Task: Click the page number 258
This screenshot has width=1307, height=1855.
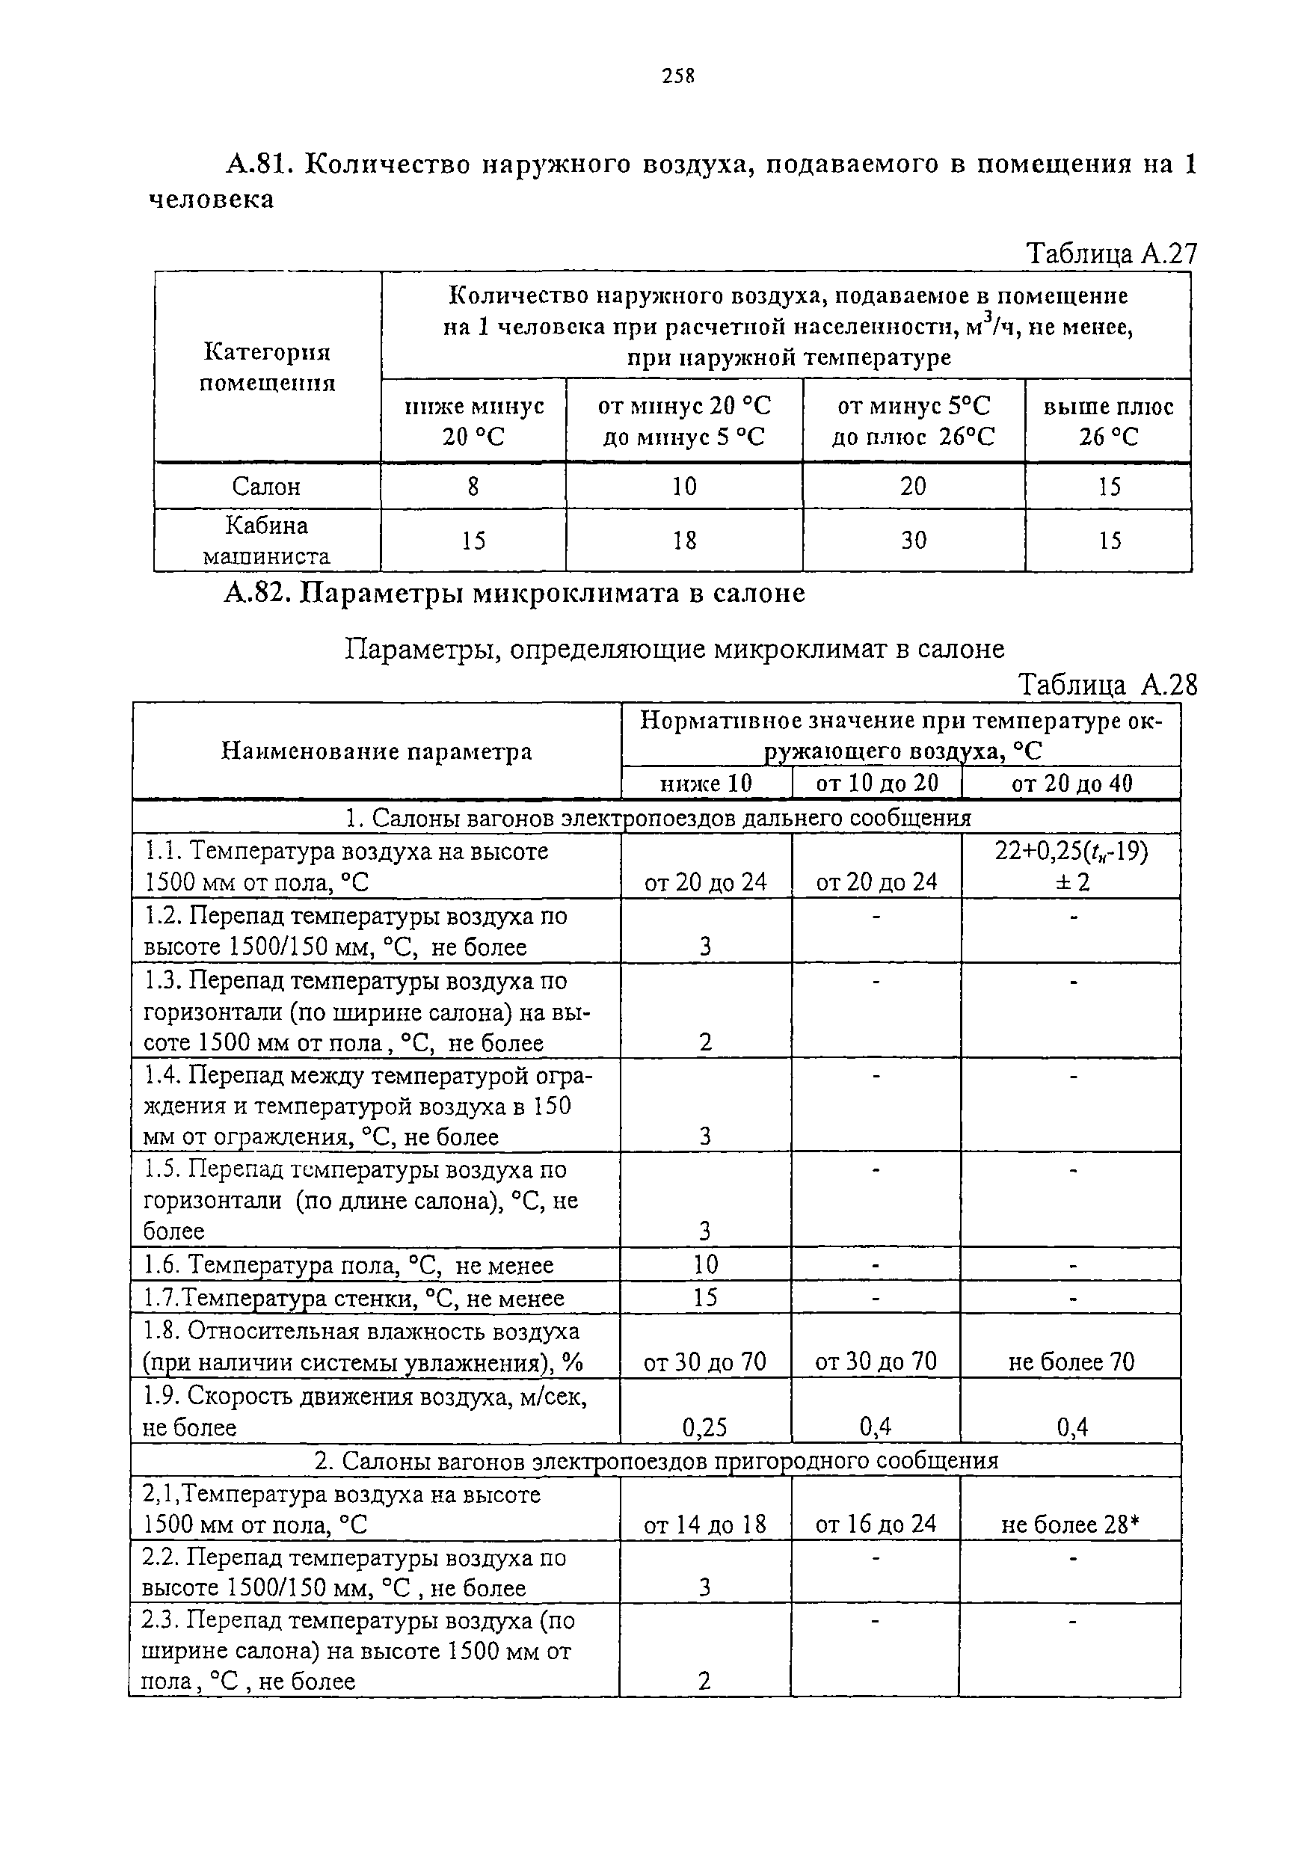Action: click(677, 76)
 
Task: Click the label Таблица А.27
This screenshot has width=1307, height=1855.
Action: click(1110, 253)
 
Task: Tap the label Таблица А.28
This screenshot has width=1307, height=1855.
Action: click(1107, 685)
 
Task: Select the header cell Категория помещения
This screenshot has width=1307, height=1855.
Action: click(268, 367)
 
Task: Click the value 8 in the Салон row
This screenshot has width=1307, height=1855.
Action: click(473, 487)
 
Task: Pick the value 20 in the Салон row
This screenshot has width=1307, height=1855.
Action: click(913, 487)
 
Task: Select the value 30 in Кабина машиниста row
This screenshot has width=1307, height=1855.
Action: click(913, 541)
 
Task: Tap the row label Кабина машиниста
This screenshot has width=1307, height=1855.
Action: click(267, 541)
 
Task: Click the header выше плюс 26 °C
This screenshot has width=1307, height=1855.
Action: click(1107, 422)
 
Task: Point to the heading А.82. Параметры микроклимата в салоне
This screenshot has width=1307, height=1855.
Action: click(514, 593)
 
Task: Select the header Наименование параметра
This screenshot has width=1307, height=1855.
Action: click(376, 751)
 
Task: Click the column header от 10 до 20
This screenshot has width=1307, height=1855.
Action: click(876, 783)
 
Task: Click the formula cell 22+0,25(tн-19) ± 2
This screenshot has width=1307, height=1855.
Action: click(1071, 866)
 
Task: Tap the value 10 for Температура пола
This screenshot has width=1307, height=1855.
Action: click(705, 1264)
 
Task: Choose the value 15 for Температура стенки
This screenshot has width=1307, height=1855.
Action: click(705, 1297)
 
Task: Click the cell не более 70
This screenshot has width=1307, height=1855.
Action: click(1071, 1363)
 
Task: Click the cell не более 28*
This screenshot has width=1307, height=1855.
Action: click(1070, 1525)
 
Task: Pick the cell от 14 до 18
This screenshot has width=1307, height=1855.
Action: click(705, 1525)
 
